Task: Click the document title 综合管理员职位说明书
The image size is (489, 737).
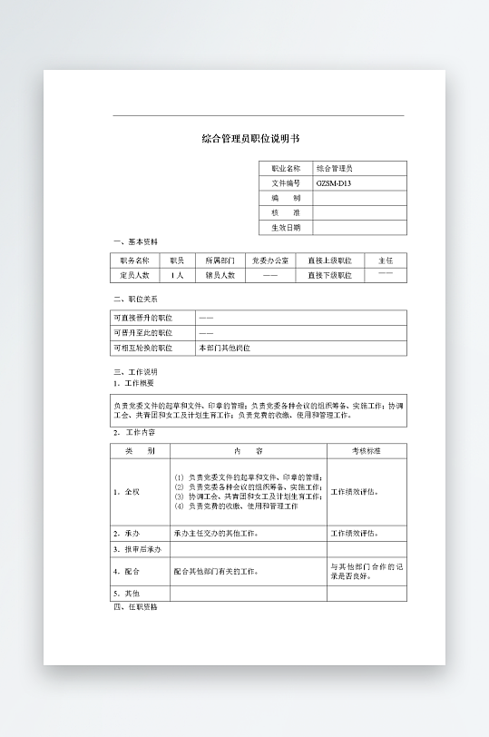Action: pos(249,140)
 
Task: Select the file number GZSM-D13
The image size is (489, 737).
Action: pos(333,183)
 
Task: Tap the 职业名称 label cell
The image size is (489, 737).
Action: pos(286,169)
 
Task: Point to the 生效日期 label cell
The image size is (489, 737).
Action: pos(286,228)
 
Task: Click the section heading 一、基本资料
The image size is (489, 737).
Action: pos(136,242)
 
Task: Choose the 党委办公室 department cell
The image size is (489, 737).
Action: pos(270,260)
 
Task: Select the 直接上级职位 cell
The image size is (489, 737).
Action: pos(329,260)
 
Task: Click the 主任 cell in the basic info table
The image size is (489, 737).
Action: pos(386,260)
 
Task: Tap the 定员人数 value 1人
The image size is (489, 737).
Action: pos(177,275)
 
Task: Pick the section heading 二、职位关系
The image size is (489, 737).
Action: pos(136,299)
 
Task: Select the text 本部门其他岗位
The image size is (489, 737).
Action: pos(224,348)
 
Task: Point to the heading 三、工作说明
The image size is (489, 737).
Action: pos(136,372)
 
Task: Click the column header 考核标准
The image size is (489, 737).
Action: pos(367,451)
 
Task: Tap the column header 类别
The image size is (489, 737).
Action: pos(141,451)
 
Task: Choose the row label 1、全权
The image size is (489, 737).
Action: pos(127,492)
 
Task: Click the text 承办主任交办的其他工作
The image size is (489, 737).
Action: pos(216,534)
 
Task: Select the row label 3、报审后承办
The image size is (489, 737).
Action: pos(137,549)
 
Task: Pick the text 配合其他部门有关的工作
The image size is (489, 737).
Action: pos(216,572)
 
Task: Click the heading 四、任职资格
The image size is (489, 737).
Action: pos(135,607)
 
